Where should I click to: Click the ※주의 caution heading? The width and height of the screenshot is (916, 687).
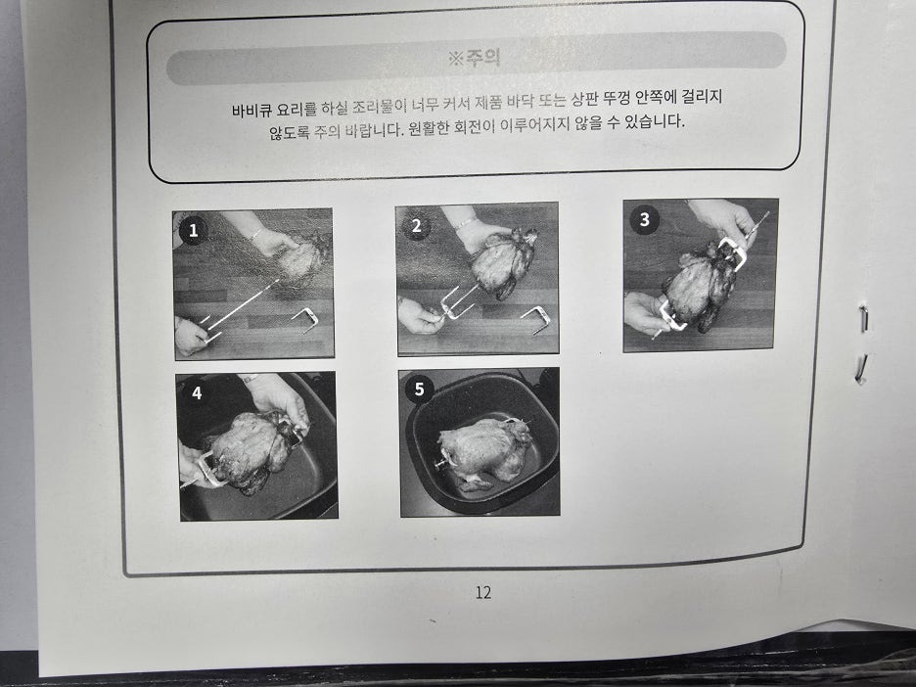click(x=474, y=58)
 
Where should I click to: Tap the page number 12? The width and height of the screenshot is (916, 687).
click(x=483, y=592)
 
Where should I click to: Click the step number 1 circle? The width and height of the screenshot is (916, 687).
click(x=193, y=230)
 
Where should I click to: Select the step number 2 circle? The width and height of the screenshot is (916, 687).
click(x=416, y=226)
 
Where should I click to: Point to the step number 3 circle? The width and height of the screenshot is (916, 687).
click(x=644, y=219)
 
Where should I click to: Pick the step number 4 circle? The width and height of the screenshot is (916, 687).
click(x=197, y=393)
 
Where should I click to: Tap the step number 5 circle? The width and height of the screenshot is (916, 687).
click(x=419, y=389)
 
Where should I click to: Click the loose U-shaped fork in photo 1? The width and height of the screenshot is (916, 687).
click(x=304, y=320)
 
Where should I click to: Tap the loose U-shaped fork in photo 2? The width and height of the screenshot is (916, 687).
click(x=534, y=319)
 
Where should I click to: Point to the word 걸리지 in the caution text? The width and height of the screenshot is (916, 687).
click(x=703, y=96)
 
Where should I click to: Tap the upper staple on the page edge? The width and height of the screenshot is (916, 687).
click(x=863, y=318)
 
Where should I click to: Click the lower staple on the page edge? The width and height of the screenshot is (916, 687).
click(x=861, y=369)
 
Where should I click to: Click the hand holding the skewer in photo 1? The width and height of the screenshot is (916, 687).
click(x=191, y=336)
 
